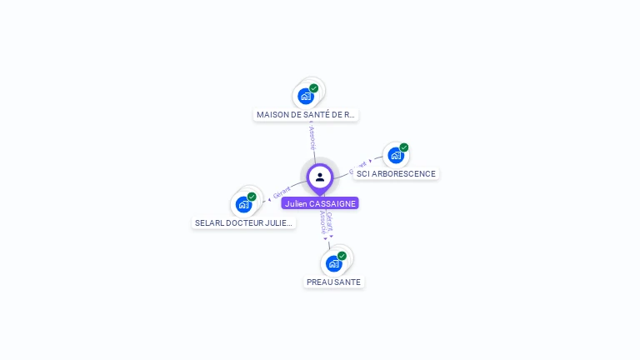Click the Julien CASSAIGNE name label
(x=320, y=203)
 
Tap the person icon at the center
(x=320, y=177)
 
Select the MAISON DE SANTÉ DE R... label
(x=306, y=115)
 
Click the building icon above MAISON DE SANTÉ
(x=306, y=96)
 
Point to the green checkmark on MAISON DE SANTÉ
(x=314, y=88)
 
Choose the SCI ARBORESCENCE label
(x=396, y=173)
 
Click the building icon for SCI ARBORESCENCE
(x=396, y=155)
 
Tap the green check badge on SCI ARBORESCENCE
(x=404, y=147)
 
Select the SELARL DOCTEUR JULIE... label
(x=244, y=223)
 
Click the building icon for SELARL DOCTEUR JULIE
(x=243, y=204)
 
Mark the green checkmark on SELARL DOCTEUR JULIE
(x=252, y=197)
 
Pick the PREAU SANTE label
(x=333, y=282)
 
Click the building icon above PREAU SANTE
(x=333, y=263)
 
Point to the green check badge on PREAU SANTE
(x=342, y=256)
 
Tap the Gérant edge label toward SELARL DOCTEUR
(x=282, y=193)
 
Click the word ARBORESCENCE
(x=403, y=173)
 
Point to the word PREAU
(x=319, y=282)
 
